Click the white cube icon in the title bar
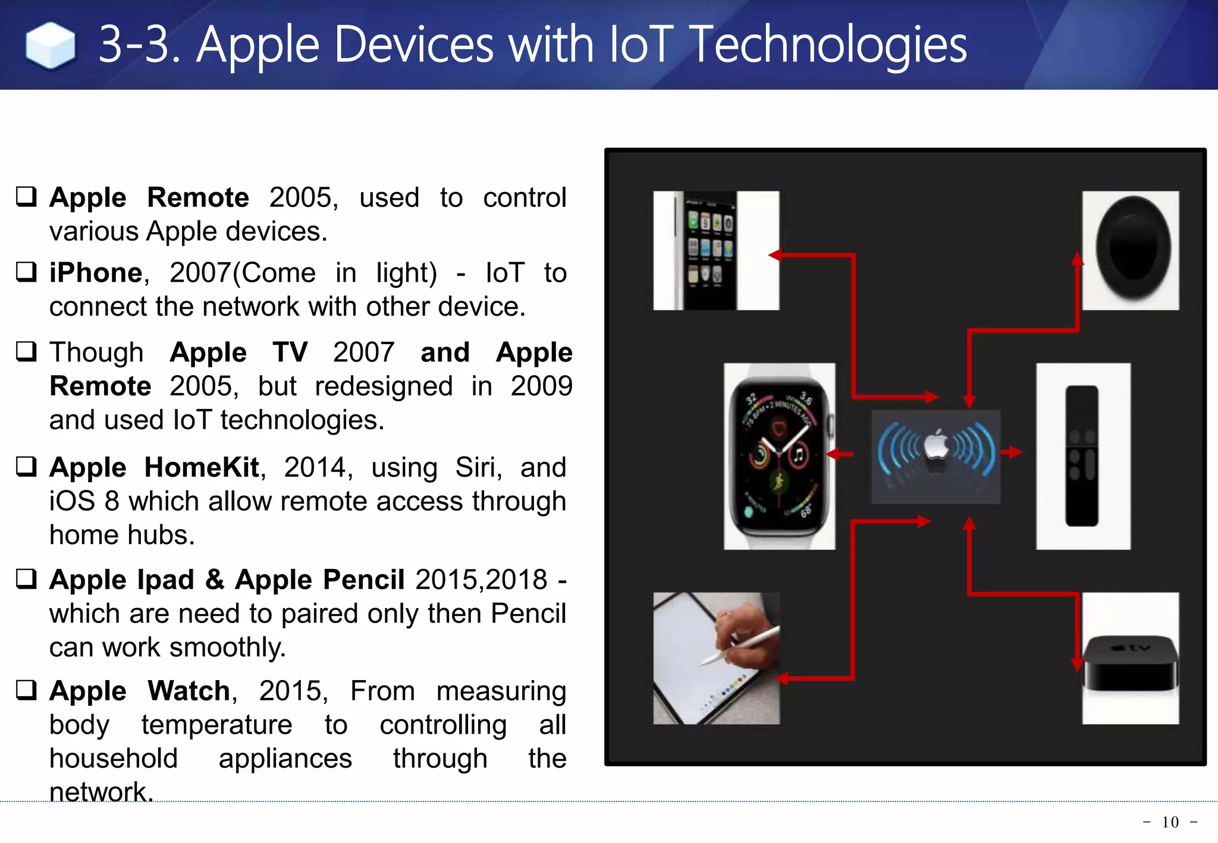click(x=51, y=45)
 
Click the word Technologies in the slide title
click(x=830, y=45)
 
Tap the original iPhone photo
click(x=715, y=250)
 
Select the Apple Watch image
click(x=779, y=456)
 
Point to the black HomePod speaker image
click(x=1130, y=250)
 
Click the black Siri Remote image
click(x=1082, y=456)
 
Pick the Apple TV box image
click(x=1130, y=658)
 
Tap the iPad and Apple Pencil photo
click(x=716, y=658)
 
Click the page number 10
click(x=1170, y=822)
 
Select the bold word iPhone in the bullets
click(x=96, y=273)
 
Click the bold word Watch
click(x=189, y=691)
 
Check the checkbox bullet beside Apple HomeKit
click(x=26, y=466)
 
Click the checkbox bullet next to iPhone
click(x=26, y=272)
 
